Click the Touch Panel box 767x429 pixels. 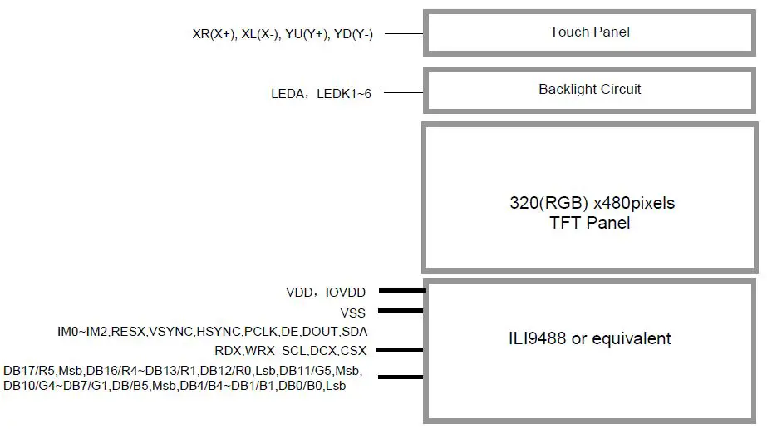[x=590, y=33]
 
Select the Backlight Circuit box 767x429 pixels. [x=590, y=90]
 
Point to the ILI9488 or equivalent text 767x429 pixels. [x=590, y=338]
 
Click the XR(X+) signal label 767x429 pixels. [x=214, y=34]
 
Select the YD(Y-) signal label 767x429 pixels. [x=353, y=34]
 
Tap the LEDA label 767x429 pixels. [x=288, y=94]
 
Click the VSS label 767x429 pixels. [x=352, y=313]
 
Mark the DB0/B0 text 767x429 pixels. [x=302, y=387]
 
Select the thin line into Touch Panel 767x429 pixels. [x=405, y=34]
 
